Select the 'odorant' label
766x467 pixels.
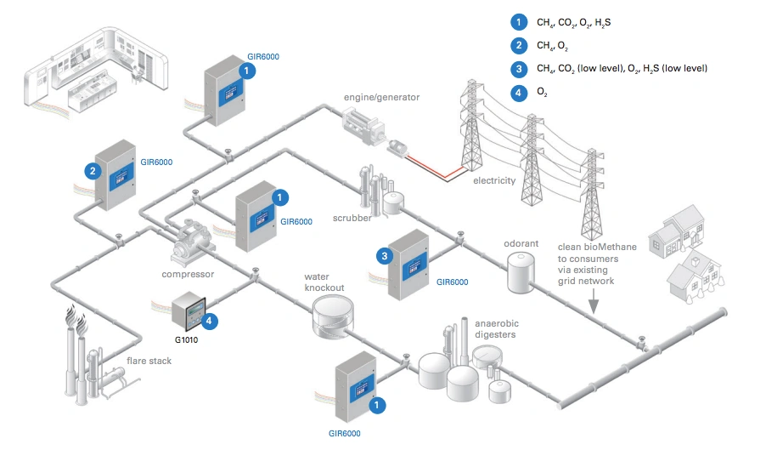521,243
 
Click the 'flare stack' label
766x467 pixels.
149,361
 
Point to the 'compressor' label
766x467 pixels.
188,274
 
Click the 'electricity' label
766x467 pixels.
494,180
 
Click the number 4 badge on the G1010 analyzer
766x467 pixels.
209,321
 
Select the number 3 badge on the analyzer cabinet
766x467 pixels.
386,254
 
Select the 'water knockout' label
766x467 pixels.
324,282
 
